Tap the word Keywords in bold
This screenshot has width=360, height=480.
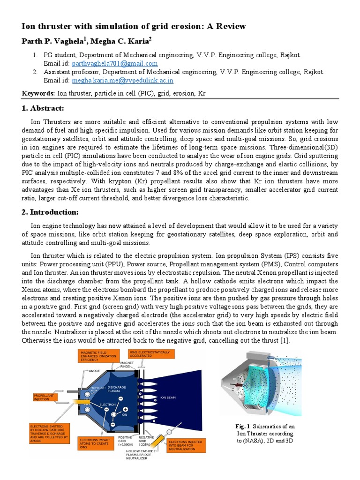pos(38,94)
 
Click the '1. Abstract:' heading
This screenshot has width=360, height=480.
pos(43,108)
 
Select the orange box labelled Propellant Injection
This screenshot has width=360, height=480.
pos(48,397)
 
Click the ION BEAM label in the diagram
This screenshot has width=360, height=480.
pos(168,397)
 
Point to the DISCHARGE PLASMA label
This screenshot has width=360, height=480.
pos(117,389)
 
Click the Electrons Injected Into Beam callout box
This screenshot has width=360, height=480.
pos(186,445)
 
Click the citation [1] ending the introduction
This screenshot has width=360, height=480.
pos(284,341)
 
